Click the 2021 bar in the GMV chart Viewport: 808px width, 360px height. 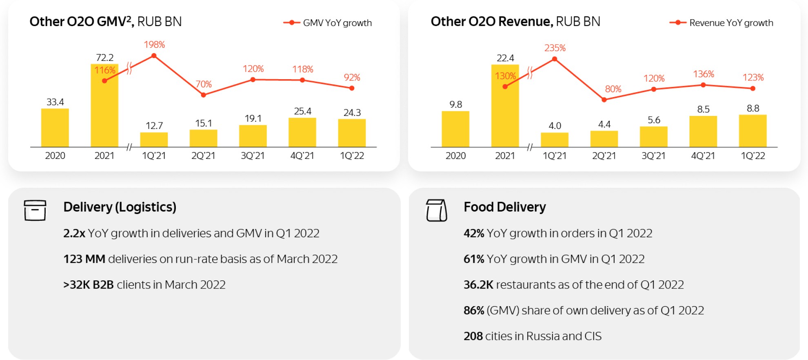[104, 105]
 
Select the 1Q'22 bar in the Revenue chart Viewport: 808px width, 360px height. [753, 131]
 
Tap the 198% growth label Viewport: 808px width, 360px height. [154, 44]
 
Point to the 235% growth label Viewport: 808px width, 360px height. [555, 48]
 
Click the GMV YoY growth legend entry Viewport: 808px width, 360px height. [328, 23]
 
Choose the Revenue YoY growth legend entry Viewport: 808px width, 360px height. [721, 23]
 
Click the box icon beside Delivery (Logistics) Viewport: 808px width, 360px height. [35, 210]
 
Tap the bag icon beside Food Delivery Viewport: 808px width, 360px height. [437, 210]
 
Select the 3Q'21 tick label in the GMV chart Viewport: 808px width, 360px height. [253, 156]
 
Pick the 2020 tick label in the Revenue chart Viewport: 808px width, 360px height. [455, 156]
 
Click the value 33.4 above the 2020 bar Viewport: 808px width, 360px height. [55, 102]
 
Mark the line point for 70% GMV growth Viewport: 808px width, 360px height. [203, 95]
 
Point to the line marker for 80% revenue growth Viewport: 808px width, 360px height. [604, 100]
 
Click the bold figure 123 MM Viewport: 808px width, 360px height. [84, 259]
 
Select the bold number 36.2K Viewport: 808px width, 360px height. [478, 284]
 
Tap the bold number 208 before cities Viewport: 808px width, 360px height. [473, 336]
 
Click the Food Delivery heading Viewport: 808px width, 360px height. [505, 207]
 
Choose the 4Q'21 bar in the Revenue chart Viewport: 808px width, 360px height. [703, 131]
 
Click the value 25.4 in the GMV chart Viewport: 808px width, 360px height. [302, 111]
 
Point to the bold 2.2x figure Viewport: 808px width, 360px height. [74, 233]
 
